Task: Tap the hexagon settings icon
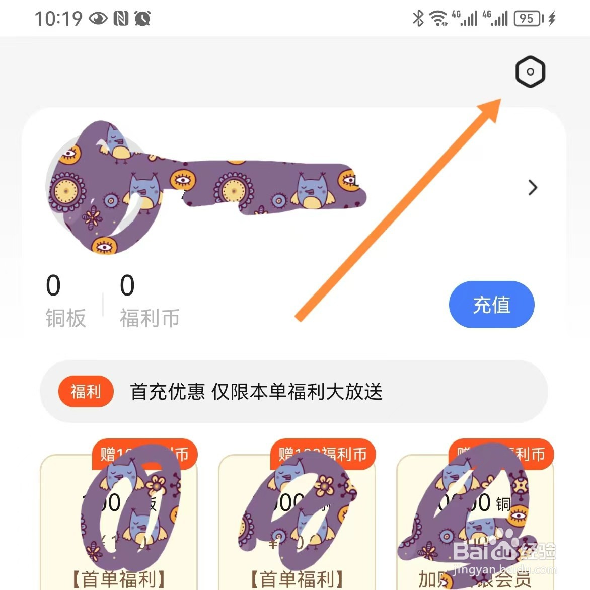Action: (530, 72)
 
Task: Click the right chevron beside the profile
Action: (533, 188)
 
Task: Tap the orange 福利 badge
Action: (86, 391)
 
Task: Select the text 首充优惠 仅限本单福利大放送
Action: (256, 392)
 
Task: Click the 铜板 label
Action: (65, 318)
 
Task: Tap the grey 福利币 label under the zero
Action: (150, 318)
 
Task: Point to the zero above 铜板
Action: (53, 285)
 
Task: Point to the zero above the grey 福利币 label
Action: (127, 285)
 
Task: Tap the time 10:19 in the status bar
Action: (58, 19)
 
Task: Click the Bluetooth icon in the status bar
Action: (418, 18)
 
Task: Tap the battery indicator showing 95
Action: (528, 19)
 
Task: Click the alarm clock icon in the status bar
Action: (142, 19)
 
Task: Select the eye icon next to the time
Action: (98, 19)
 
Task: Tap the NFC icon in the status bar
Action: (121, 19)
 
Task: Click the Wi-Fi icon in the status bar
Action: (438, 19)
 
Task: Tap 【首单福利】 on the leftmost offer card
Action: (119, 578)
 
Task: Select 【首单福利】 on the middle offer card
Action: (297, 578)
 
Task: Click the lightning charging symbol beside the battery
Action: (552, 19)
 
